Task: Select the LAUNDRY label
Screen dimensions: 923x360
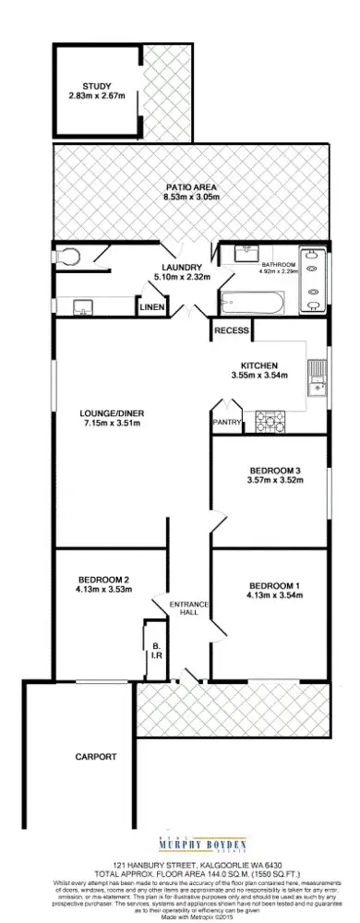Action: tap(182, 267)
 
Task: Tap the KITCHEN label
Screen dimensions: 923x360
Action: tap(258, 366)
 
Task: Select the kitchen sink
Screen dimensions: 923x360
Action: tap(318, 376)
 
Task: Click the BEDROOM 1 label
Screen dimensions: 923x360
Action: tap(274, 586)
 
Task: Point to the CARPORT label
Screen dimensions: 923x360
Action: tap(96, 756)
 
